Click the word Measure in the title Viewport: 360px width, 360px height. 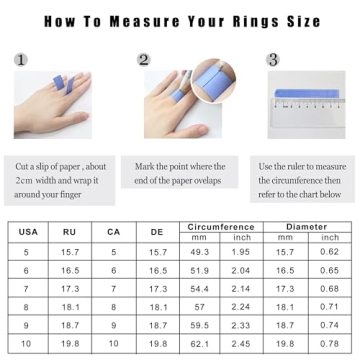(145, 22)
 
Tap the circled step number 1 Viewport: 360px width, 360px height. (21, 60)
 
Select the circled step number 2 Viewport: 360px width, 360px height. (144, 60)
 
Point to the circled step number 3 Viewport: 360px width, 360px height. (273, 60)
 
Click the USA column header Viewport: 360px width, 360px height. (28, 232)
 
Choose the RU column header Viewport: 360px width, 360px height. (69, 232)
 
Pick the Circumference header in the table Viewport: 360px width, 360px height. (221, 227)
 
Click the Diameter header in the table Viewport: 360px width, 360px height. (307, 227)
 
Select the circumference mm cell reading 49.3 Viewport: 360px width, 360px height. (200, 252)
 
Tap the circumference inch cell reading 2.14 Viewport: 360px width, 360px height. (241, 289)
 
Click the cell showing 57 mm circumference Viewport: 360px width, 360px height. (199, 307)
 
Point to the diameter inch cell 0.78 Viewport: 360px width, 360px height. (329, 343)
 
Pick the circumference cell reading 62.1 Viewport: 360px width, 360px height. (200, 343)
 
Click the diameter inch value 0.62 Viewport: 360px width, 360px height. (329, 252)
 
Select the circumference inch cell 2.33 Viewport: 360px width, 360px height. (241, 325)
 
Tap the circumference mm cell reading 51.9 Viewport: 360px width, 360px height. (200, 270)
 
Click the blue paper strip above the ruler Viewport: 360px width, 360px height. (307, 94)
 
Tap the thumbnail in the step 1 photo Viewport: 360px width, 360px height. (80, 116)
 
